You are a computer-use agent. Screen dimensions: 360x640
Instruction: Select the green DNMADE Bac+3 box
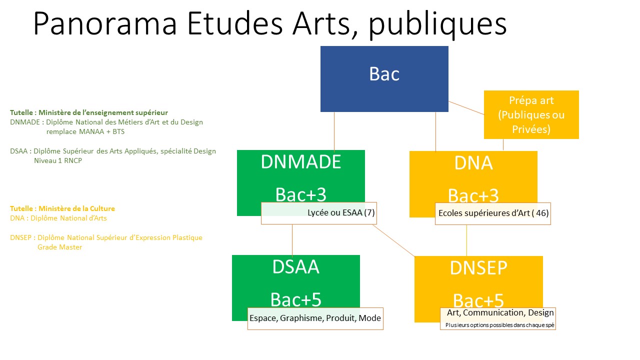coord(300,175)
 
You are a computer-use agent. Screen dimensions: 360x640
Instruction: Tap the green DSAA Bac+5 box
coord(295,280)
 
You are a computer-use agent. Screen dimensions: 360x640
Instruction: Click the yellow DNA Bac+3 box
coord(473,175)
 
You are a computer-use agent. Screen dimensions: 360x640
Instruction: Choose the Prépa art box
coord(531,114)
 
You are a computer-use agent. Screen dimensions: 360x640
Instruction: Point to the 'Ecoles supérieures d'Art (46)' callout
coord(492,213)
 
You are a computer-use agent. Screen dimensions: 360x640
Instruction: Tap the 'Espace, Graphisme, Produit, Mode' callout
coord(315,318)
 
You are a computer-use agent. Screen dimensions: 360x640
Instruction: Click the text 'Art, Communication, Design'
coord(500,313)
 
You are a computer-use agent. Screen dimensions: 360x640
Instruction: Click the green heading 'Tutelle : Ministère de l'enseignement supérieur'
coord(89,112)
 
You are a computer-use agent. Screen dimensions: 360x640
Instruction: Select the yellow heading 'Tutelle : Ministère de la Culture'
coord(62,208)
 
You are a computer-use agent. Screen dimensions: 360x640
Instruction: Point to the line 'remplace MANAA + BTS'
coord(85,132)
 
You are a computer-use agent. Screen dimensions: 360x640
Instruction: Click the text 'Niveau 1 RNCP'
coord(58,161)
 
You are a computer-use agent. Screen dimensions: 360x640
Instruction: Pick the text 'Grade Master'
coord(59,247)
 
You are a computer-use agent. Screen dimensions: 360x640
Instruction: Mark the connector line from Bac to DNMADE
coord(334,131)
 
